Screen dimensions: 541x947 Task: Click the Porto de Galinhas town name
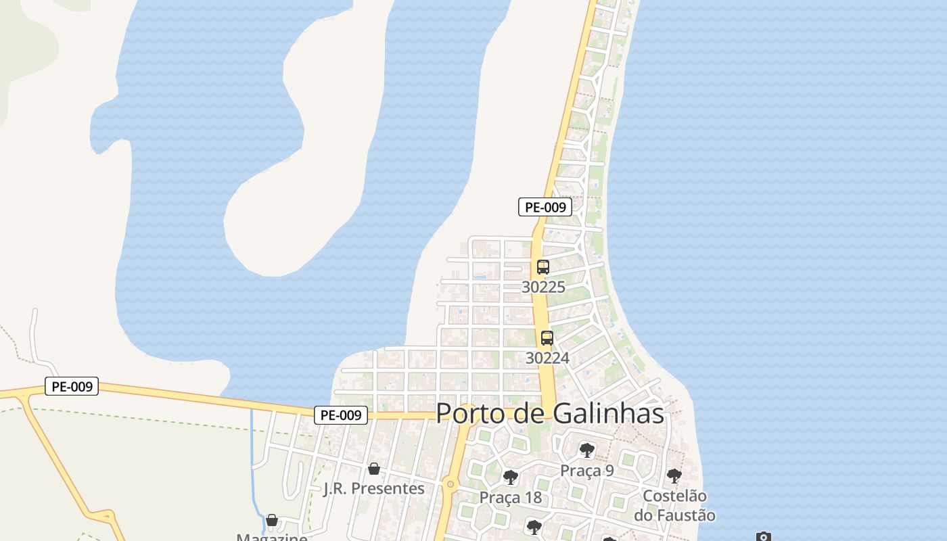pos(550,413)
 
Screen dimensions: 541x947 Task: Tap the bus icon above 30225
pos(543,266)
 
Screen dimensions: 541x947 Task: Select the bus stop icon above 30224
pos(547,337)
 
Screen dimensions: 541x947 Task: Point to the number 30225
pos(543,287)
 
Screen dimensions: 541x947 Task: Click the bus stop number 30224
pos(547,358)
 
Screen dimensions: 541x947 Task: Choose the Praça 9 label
pos(586,470)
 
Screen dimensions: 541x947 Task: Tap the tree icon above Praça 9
pos(586,450)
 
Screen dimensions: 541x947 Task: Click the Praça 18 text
pos(511,497)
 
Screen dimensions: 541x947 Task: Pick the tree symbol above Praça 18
pos(511,477)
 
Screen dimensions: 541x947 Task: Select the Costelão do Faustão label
pos(674,505)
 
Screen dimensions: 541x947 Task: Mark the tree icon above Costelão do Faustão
pos(674,475)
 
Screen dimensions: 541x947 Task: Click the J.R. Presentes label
pos(374,488)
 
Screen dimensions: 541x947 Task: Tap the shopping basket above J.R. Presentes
pos(374,468)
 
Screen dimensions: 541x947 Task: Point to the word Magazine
pos(272,538)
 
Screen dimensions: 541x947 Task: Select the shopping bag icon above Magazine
pos(272,520)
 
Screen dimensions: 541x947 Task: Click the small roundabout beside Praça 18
pos(450,484)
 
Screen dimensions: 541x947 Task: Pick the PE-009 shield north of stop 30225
pos(545,207)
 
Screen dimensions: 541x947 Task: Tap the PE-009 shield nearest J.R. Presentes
pos(341,415)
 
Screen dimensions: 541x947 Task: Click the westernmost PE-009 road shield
pos(72,386)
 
